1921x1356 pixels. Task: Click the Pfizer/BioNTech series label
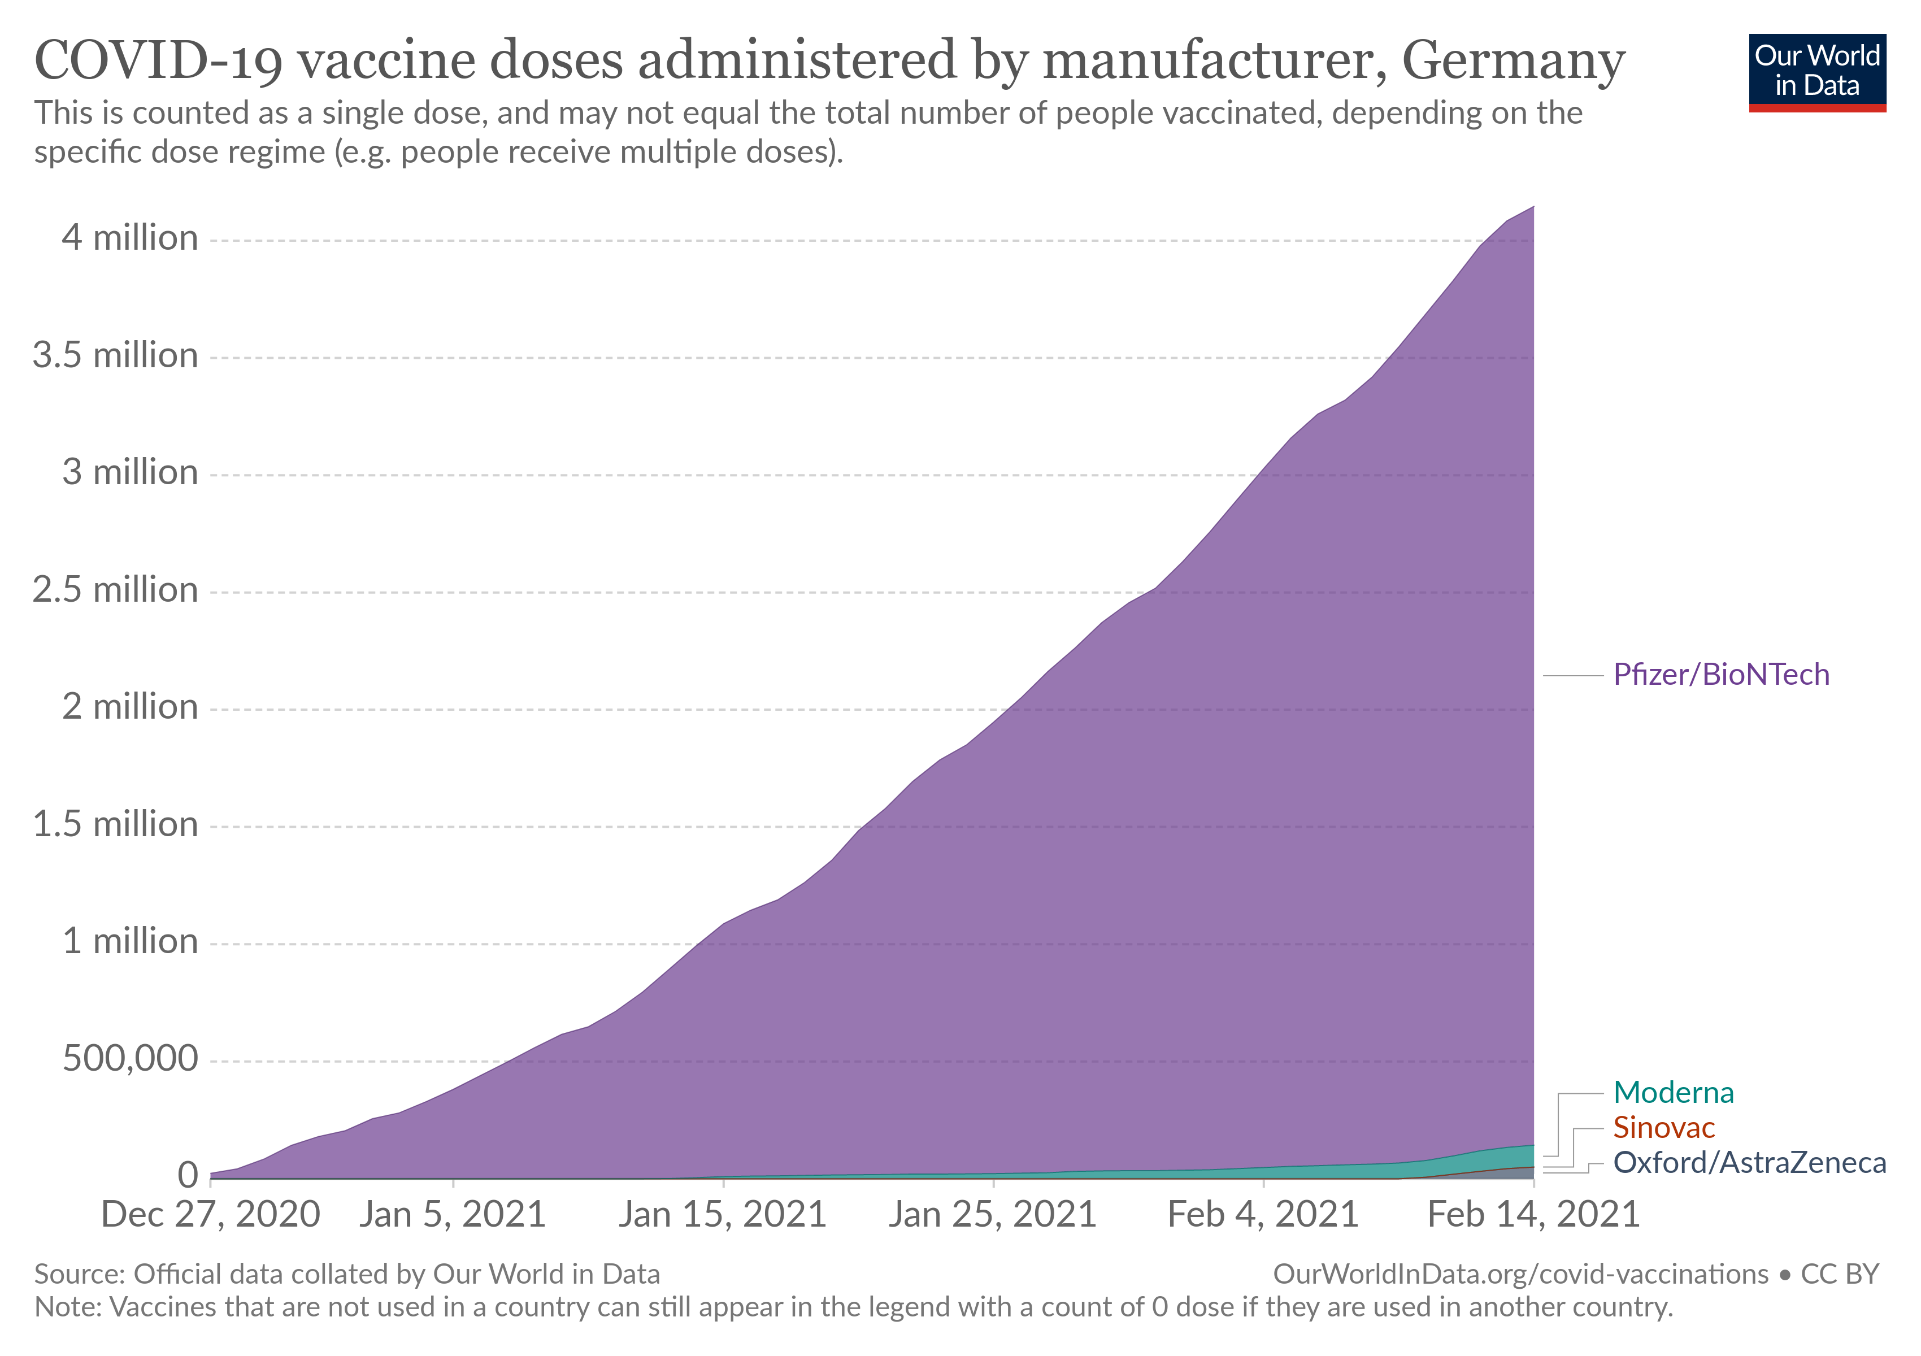(1720, 674)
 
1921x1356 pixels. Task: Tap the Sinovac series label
(1663, 1128)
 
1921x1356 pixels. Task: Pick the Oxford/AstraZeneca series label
(1749, 1163)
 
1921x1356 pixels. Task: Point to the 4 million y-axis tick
(130, 238)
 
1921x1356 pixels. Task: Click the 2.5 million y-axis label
(115, 590)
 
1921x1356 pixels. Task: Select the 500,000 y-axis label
(130, 1059)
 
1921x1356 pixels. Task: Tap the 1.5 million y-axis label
(115, 825)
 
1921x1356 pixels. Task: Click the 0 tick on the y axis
(188, 1176)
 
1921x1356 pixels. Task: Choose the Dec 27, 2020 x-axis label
(210, 1215)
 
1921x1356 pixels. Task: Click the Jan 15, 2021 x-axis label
(722, 1215)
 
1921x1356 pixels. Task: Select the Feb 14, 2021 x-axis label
(1533, 1215)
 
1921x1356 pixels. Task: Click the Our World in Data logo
(1816, 72)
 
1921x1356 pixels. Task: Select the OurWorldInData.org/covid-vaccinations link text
(1520, 1274)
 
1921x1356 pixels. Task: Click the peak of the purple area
(1532, 207)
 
